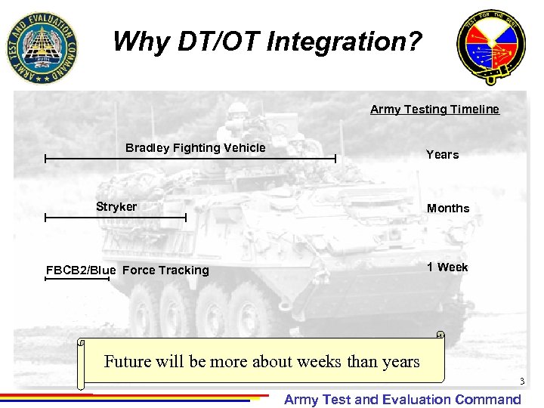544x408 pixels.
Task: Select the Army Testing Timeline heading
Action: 434,110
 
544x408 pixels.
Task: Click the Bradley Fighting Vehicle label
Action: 195,148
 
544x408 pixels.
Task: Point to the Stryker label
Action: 116,207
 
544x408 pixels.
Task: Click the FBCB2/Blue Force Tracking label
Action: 127,270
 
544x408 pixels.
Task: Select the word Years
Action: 442,155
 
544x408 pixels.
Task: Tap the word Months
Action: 448,209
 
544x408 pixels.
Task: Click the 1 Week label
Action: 447,267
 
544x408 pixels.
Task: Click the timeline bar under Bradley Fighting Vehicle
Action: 190,159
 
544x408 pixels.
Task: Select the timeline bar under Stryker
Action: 115,218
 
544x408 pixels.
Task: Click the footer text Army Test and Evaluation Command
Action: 402,400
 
